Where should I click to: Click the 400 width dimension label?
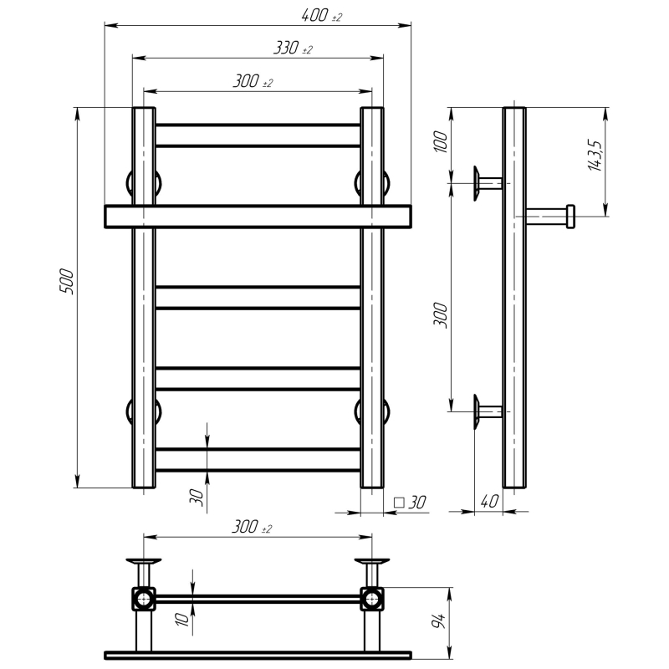pyautogui.click(x=315, y=16)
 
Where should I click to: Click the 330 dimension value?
pyautogui.click(x=286, y=48)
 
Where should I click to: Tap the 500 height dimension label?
pyautogui.click(x=67, y=281)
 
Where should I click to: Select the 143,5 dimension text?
pyautogui.click(x=595, y=155)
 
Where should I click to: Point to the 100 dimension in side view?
pyautogui.click(x=441, y=142)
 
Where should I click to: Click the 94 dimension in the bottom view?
pyautogui.click(x=438, y=621)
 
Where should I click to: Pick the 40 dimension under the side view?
pyautogui.click(x=489, y=501)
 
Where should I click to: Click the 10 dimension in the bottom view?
pyautogui.click(x=182, y=620)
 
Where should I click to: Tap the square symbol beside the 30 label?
pyautogui.click(x=399, y=503)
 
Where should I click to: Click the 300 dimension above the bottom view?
pyautogui.click(x=245, y=527)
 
